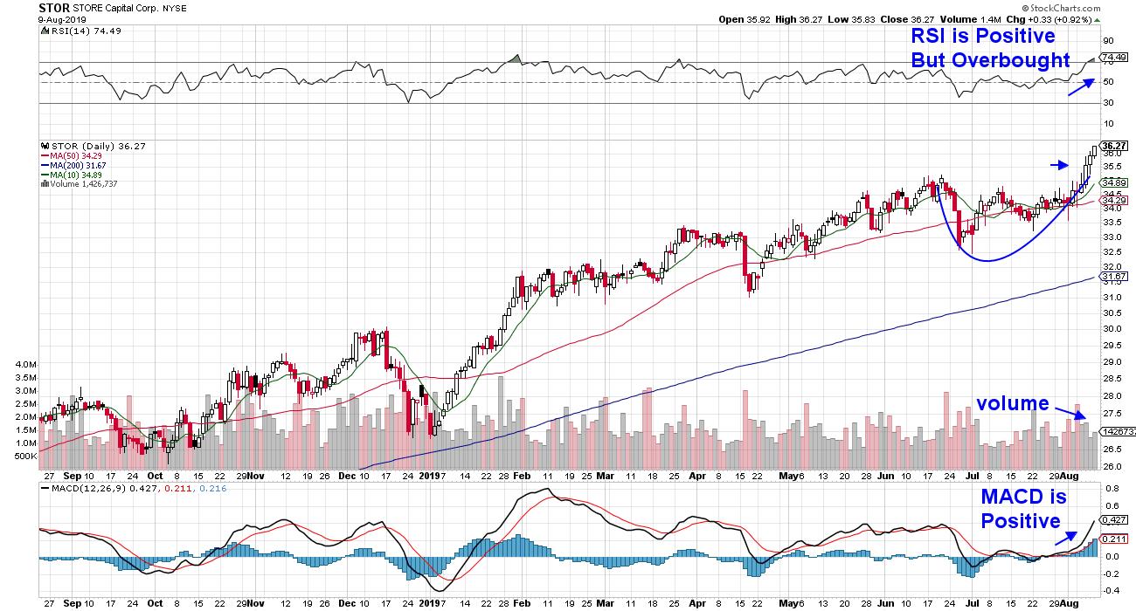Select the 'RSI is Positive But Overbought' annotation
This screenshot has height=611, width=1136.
989,48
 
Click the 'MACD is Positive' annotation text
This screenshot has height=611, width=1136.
1020,509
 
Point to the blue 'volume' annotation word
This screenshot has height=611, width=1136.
1012,403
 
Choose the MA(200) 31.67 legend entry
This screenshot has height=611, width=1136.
78,164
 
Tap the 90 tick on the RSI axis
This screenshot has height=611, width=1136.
1106,41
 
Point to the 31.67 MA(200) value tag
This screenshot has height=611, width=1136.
1112,277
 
